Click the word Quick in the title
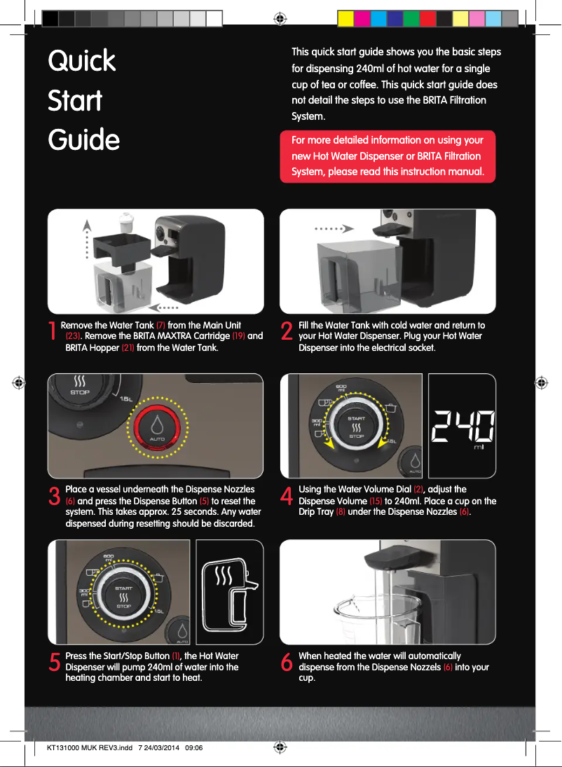click(82, 62)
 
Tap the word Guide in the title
click(83, 140)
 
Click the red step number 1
click(53, 331)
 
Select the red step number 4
click(287, 495)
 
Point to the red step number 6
click(287, 663)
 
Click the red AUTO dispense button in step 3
click(157, 427)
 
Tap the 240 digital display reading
click(462, 425)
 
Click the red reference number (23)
click(73, 336)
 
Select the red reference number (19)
click(238, 336)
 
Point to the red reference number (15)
click(376, 501)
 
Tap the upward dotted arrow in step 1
click(87, 238)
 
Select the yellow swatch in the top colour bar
click(345, 19)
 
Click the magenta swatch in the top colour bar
click(362, 19)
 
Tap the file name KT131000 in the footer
click(64, 747)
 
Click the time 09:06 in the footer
click(194, 747)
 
